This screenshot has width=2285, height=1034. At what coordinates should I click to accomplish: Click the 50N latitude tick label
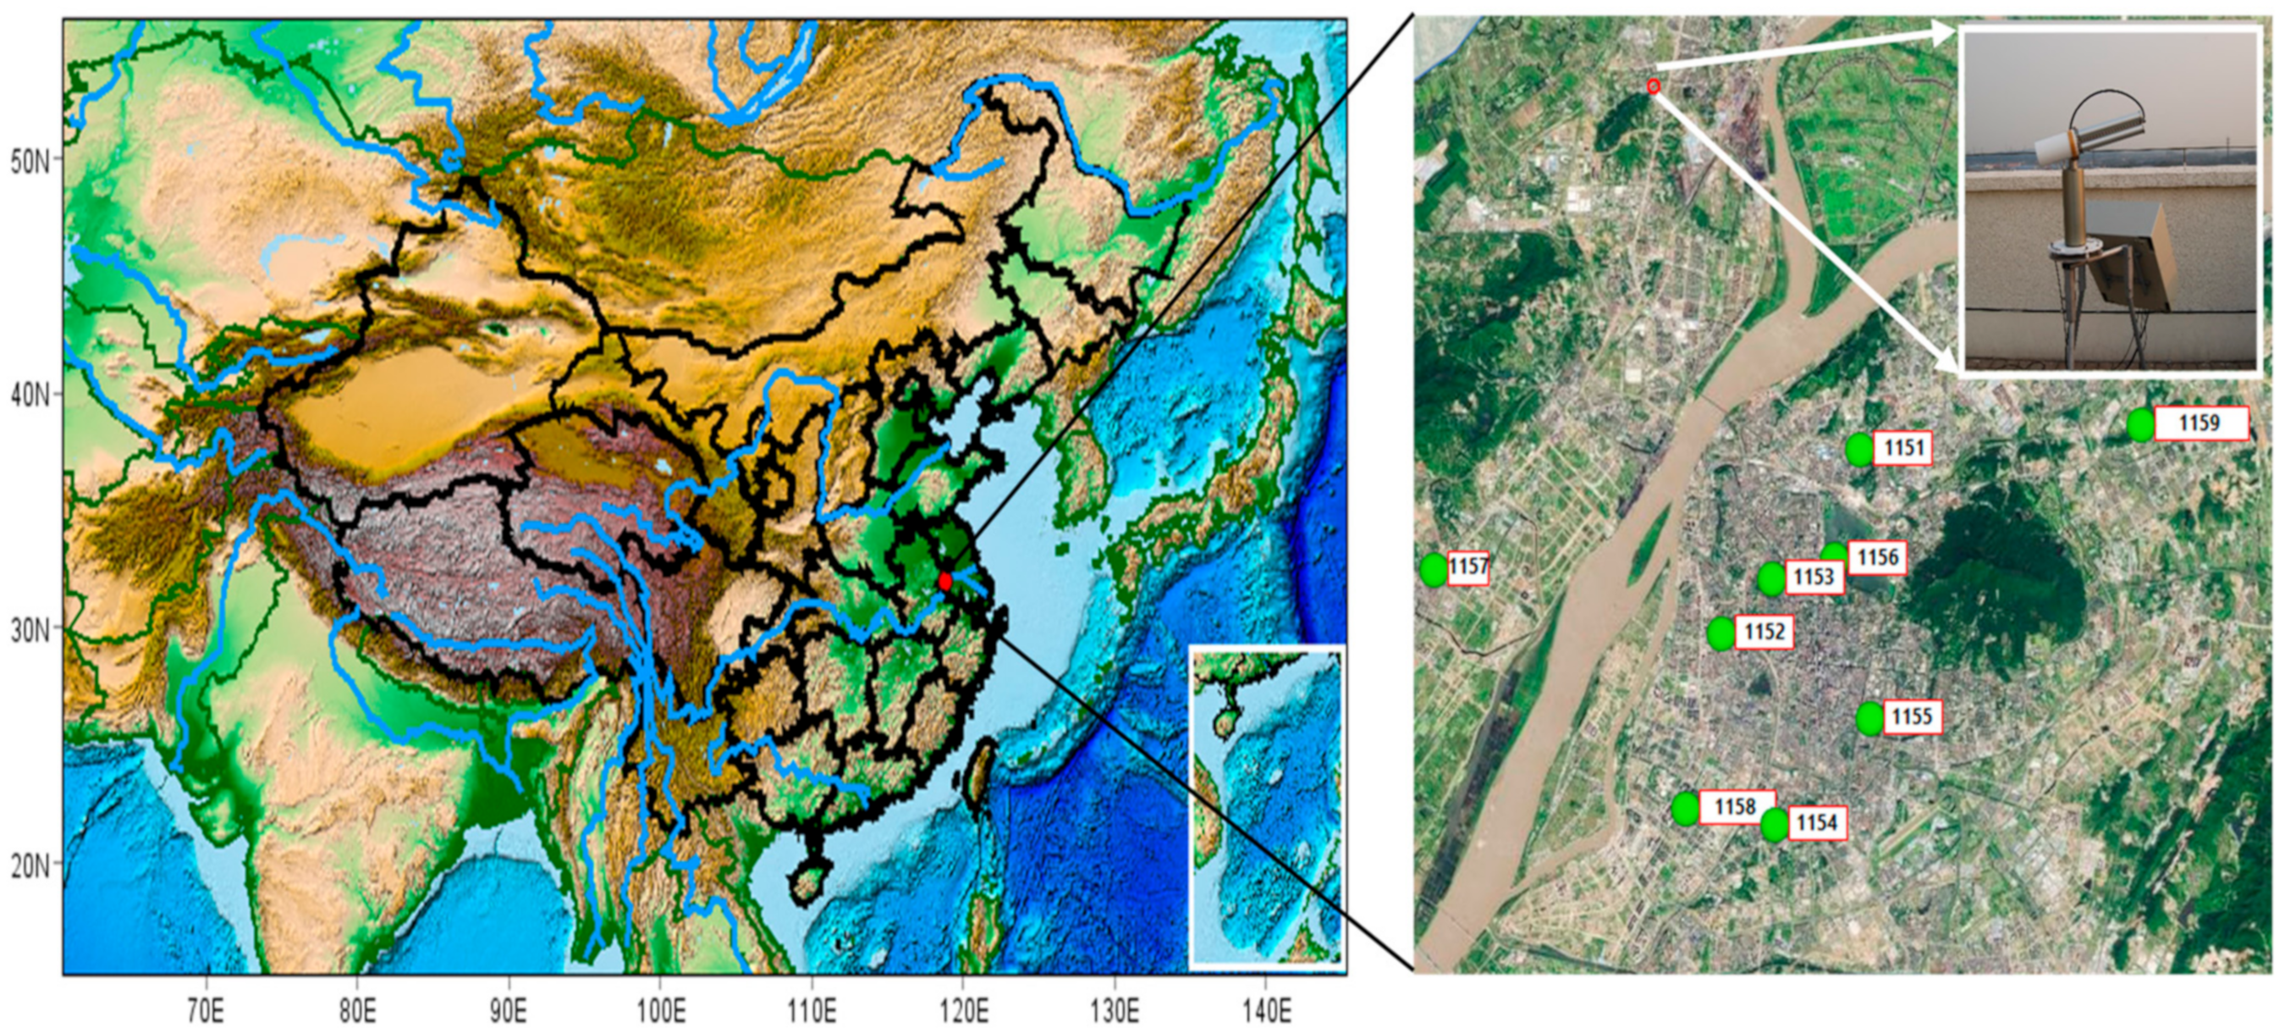pos(30,163)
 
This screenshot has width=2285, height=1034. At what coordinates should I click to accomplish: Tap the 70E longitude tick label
pos(206,1011)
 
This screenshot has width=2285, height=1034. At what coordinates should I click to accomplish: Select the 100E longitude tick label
pos(661,1011)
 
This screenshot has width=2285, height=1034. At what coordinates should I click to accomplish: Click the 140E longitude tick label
pos(1266,1011)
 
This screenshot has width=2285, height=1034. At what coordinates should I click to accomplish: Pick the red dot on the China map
pos(944,581)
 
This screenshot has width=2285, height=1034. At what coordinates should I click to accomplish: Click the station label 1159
pos(2199,423)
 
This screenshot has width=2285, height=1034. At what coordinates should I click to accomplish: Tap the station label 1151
pos(1903,447)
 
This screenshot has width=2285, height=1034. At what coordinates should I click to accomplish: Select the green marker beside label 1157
pos(1433,569)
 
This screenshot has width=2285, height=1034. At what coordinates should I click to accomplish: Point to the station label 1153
pos(1813,577)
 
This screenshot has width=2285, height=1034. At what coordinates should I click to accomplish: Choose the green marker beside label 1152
pos(1721,633)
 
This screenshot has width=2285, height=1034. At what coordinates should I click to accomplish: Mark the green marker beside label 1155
pos(1869,718)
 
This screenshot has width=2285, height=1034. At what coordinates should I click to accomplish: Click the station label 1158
pos(1735,806)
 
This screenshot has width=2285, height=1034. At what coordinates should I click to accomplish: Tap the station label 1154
pos(1817,823)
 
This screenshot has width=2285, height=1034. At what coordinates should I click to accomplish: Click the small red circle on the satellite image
pos(1654,86)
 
